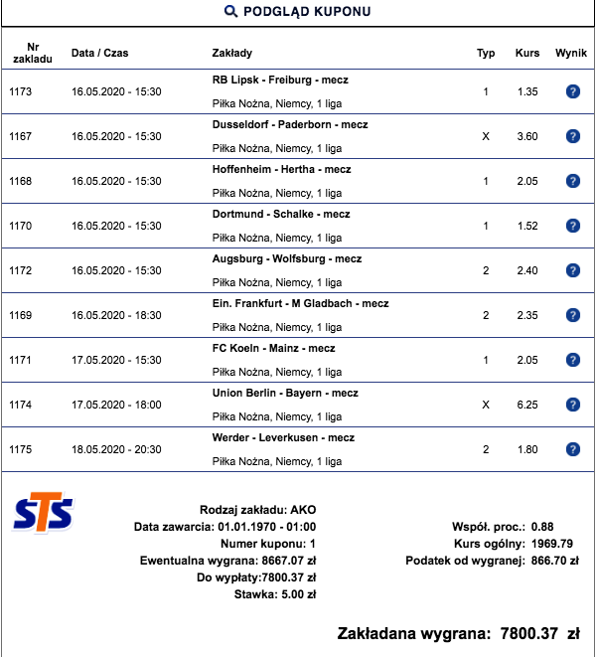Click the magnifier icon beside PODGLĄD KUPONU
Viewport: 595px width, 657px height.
tap(230, 12)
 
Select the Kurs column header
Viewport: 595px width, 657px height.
tap(527, 53)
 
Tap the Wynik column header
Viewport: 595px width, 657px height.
tap(572, 53)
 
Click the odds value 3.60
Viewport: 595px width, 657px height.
tap(527, 136)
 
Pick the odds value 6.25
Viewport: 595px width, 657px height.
tap(527, 405)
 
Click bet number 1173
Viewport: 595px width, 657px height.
tap(21, 91)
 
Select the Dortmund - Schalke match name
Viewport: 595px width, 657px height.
tap(280, 214)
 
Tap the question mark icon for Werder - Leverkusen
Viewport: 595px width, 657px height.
tap(572, 449)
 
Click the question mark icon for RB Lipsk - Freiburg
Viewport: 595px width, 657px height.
tap(572, 91)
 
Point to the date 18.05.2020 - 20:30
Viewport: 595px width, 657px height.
tap(116, 449)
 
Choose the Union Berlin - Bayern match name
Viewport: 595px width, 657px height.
tap(285, 393)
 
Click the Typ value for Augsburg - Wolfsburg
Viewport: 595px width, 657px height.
tap(486, 270)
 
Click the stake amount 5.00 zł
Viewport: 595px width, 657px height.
tap(295, 595)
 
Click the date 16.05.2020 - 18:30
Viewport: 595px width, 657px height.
tap(116, 315)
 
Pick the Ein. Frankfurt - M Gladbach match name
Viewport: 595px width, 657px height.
tap(300, 303)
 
